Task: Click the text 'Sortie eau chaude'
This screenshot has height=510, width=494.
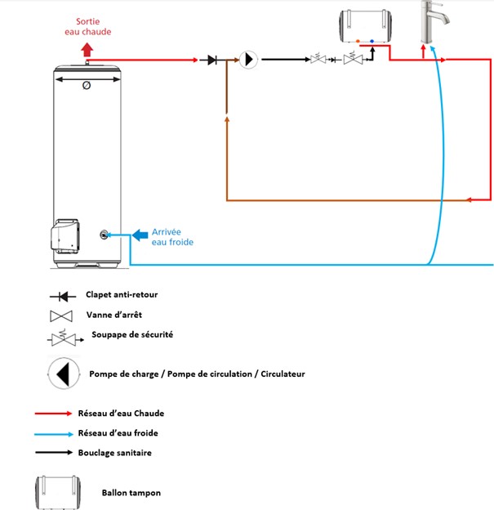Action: [x=87, y=26]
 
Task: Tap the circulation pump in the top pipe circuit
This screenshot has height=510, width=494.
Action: [x=247, y=60]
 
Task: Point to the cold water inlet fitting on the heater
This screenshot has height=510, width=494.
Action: [x=105, y=235]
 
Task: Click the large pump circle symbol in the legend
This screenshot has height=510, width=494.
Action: [x=63, y=374]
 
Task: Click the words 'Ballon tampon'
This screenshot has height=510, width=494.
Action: [x=131, y=493]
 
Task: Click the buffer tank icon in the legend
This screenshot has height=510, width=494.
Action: [x=57, y=492]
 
